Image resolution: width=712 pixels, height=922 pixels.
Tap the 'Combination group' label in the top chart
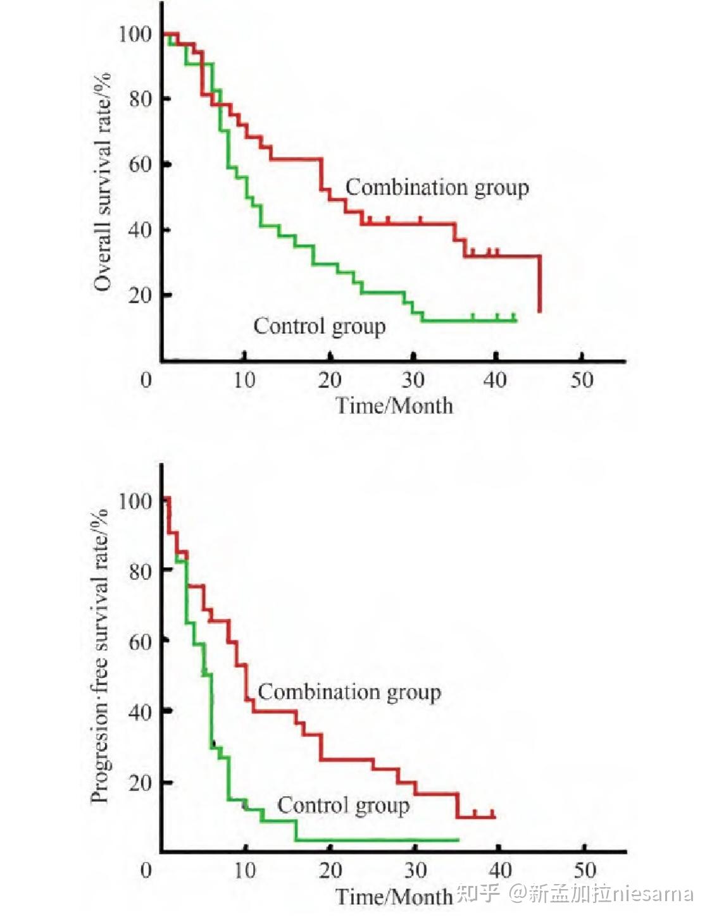(437, 188)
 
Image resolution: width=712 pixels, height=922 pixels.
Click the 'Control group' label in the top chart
(319, 327)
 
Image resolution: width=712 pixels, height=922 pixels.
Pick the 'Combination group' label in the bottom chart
(349, 693)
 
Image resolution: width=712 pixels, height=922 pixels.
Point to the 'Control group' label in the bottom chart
(344, 805)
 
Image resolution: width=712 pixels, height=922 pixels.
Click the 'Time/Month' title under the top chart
(394, 406)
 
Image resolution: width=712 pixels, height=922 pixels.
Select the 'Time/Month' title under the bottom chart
(394, 897)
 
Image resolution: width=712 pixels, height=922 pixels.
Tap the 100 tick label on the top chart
(135, 34)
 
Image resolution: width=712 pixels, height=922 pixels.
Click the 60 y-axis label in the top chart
(141, 164)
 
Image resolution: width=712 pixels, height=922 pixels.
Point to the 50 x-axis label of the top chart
(582, 380)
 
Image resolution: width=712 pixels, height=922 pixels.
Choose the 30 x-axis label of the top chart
(413, 380)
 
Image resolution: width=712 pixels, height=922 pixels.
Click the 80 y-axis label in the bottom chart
(141, 571)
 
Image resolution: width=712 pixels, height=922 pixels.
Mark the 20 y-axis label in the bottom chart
(141, 782)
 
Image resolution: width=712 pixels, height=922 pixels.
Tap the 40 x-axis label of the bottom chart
(500, 871)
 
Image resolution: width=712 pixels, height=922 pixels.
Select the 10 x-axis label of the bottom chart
(245, 871)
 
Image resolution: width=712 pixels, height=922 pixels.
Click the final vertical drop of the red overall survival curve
(540, 284)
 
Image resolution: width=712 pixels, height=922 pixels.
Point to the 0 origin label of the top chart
(146, 380)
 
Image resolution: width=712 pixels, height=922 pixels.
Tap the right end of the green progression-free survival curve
(459, 840)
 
